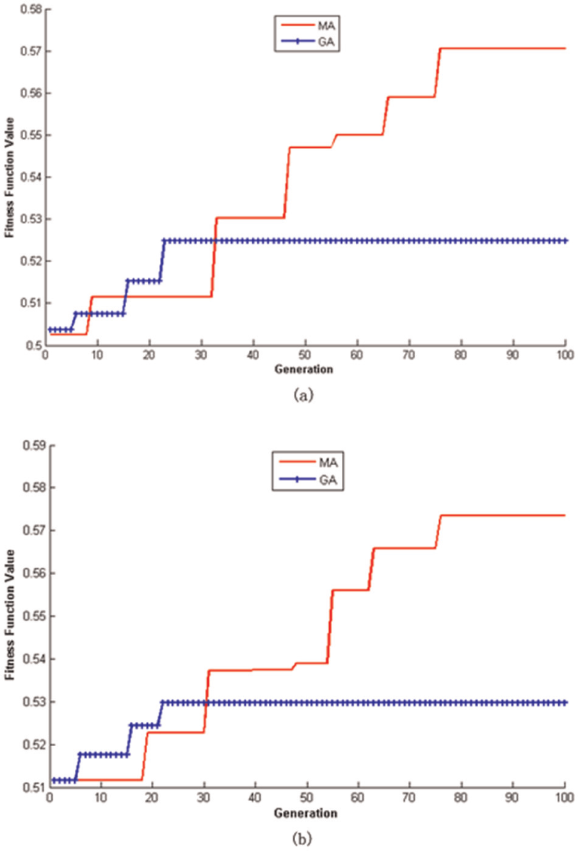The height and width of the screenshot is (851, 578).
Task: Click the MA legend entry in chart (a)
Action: pos(308,26)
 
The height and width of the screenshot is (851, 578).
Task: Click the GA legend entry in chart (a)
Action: pos(308,41)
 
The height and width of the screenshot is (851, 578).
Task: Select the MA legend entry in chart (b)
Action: pos(308,463)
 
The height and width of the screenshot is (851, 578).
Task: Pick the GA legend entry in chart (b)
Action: pos(308,479)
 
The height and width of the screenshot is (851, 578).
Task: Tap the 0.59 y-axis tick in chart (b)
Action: pos(33,445)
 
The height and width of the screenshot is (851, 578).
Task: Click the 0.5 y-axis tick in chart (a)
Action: pos(33,345)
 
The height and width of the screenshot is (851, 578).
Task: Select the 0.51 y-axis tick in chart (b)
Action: pos(33,788)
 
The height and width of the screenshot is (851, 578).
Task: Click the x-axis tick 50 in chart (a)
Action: pos(305,355)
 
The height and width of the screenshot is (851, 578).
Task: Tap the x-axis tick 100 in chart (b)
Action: pos(565,797)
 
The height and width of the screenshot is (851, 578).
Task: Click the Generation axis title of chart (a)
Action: pos(303,369)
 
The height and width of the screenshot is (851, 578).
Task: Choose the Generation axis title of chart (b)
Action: pos(305,813)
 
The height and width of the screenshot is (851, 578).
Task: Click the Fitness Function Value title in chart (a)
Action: pos(9,177)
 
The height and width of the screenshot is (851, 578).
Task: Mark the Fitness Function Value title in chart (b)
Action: pos(9,615)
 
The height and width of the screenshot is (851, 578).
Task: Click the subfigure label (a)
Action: pos(303,395)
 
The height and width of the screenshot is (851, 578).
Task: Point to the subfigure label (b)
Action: pos(303,838)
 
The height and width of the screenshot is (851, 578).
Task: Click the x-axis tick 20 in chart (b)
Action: pos(152,797)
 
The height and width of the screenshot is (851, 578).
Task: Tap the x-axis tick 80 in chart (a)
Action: pos(461,355)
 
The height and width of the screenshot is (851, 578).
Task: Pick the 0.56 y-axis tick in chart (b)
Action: pos(33,573)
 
